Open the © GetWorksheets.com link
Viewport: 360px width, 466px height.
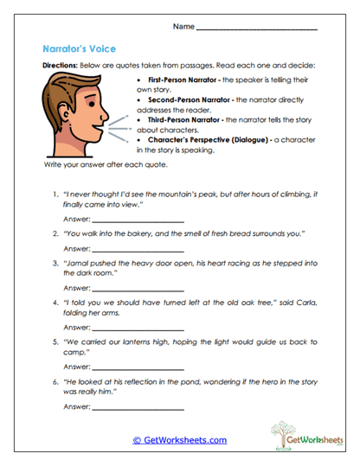point(179,440)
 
